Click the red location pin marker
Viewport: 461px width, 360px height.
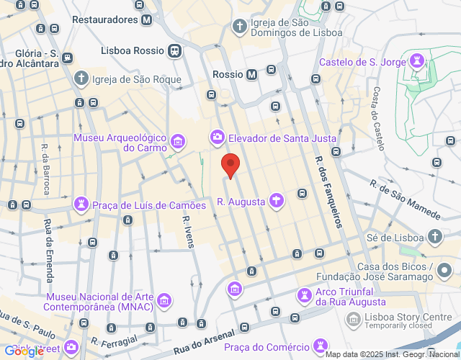click(230, 165)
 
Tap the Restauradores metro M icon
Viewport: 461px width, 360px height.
click(147, 20)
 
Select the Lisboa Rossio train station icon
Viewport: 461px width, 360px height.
click(174, 51)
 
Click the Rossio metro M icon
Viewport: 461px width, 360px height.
click(251, 74)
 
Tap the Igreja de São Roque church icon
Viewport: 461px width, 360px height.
click(81, 79)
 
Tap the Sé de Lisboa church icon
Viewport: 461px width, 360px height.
click(435, 236)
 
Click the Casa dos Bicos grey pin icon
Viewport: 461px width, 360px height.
click(444, 270)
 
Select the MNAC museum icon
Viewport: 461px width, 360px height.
click(165, 300)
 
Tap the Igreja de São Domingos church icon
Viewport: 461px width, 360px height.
click(240, 27)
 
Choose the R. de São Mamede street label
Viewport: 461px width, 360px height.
click(406, 199)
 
